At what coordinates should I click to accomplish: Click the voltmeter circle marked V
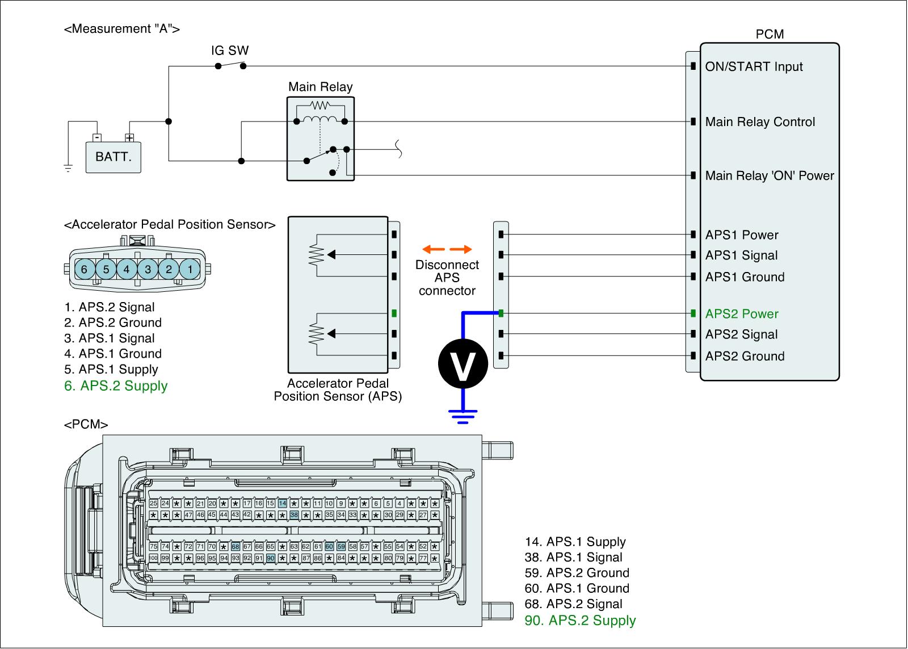(x=463, y=364)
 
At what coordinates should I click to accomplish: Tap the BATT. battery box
(x=113, y=156)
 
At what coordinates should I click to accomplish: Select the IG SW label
(x=230, y=51)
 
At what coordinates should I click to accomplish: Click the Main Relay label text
(x=320, y=87)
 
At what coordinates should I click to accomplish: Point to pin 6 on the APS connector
(x=85, y=269)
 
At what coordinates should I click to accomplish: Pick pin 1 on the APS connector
(x=190, y=269)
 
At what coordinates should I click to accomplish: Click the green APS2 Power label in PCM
(x=742, y=314)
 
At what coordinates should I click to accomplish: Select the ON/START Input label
(x=754, y=67)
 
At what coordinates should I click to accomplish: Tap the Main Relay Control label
(x=760, y=122)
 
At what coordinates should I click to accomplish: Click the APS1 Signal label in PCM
(x=741, y=256)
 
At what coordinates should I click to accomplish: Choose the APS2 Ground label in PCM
(x=745, y=357)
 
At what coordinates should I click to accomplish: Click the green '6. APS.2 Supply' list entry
(x=116, y=386)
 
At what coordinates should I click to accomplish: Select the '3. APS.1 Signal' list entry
(x=110, y=338)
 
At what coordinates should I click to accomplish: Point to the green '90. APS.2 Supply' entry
(x=580, y=621)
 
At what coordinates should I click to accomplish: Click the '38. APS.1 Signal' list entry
(x=573, y=558)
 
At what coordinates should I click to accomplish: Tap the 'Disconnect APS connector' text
(x=447, y=278)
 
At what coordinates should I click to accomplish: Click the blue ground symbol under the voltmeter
(x=464, y=416)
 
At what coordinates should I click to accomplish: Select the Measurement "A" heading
(x=122, y=29)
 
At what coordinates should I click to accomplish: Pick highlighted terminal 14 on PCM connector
(x=282, y=504)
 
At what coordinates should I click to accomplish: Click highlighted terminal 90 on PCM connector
(x=271, y=558)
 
